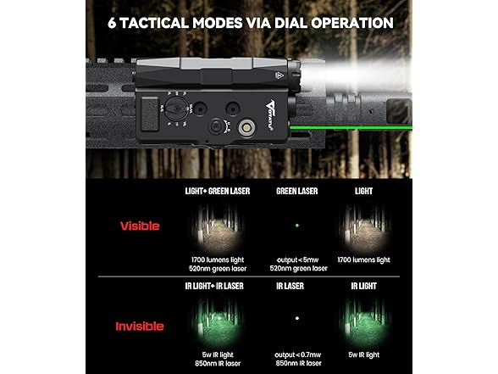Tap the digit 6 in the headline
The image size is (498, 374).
pyautogui.click(x=113, y=23)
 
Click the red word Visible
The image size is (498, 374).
pyautogui.click(x=141, y=226)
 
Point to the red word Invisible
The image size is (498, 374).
pyautogui.click(x=141, y=326)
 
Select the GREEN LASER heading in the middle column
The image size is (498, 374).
pyautogui.click(x=296, y=192)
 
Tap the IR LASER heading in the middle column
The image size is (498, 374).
pyautogui.click(x=296, y=286)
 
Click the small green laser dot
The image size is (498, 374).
pyautogui.click(x=296, y=226)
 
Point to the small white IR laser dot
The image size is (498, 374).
pyautogui.click(x=296, y=320)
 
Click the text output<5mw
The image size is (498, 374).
pyautogui.click(x=296, y=259)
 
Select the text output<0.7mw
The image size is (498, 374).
pyautogui.click(x=296, y=353)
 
